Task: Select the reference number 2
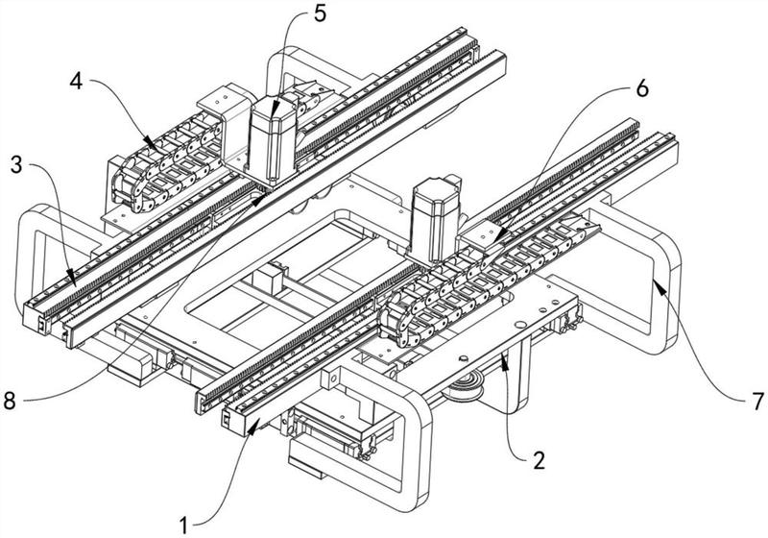click(540, 460)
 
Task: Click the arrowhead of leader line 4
click(155, 148)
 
